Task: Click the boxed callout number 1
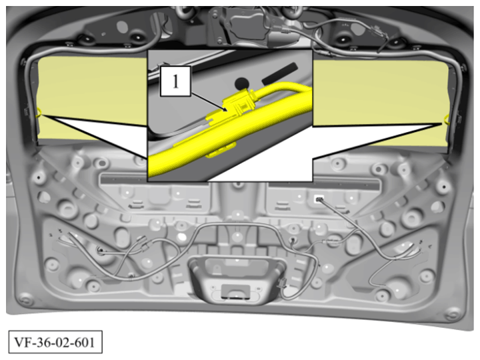(175, 81)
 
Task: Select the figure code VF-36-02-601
(55, 342)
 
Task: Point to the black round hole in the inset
(241, 83)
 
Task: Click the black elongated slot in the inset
(280, 74)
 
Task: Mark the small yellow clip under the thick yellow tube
(221, 151)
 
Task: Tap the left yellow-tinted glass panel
(92, 98)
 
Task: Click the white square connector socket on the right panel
(319, 199)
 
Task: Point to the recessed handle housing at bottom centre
(237, 279)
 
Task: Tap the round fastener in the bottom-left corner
(25, 299)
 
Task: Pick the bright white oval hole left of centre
(182, 237)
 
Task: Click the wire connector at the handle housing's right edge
(281, 284)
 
